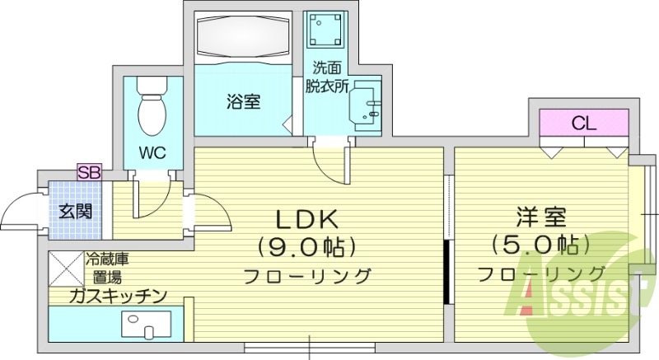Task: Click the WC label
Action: pyautogui.click(x=150, y=152)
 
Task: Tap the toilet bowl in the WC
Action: pyautogui.click(x=151, y=112)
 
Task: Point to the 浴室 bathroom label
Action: pyautogui.click(x=244, y=102)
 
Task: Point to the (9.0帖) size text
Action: pyautogui.click(x=306, y=246)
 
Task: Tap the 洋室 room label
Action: pyautogui.click(x=541, y=218)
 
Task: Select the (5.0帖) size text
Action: pyautogui.click(x=541, y=245)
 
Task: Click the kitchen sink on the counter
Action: pyautogui.click(x=147, y=324)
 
